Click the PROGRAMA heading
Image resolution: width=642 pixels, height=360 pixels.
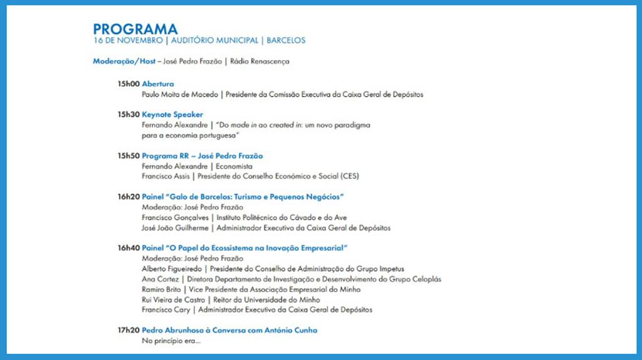135,29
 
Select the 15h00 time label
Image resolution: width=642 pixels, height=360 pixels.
128,84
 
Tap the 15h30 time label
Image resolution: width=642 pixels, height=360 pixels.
128,115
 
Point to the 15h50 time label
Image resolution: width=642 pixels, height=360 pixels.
128,156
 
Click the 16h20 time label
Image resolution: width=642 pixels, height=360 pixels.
128,197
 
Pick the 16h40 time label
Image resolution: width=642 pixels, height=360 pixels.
128,248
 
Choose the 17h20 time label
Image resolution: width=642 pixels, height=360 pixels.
128,330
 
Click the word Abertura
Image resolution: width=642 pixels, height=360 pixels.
158,84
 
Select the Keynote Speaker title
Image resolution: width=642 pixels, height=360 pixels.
172,115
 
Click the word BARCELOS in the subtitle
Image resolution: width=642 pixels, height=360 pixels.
286,41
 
